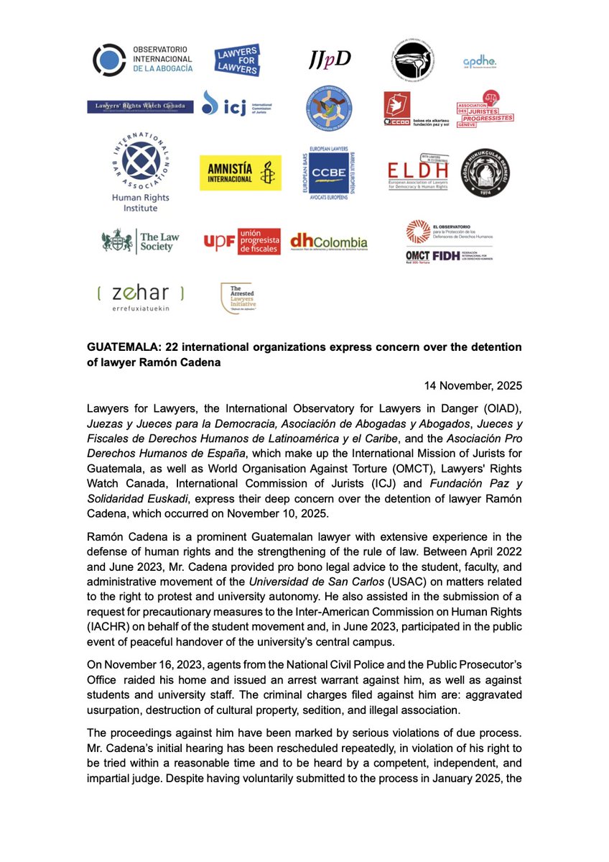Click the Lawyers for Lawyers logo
click(x=237, y=60)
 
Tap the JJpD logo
click(x=333, y=60)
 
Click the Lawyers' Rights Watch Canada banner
click(x=140, y=106)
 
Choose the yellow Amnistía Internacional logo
click(x=241, y=173)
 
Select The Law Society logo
click(x=141, y=241)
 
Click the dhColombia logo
click(x=328, y=242)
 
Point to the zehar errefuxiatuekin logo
click(x=140, y=298)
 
